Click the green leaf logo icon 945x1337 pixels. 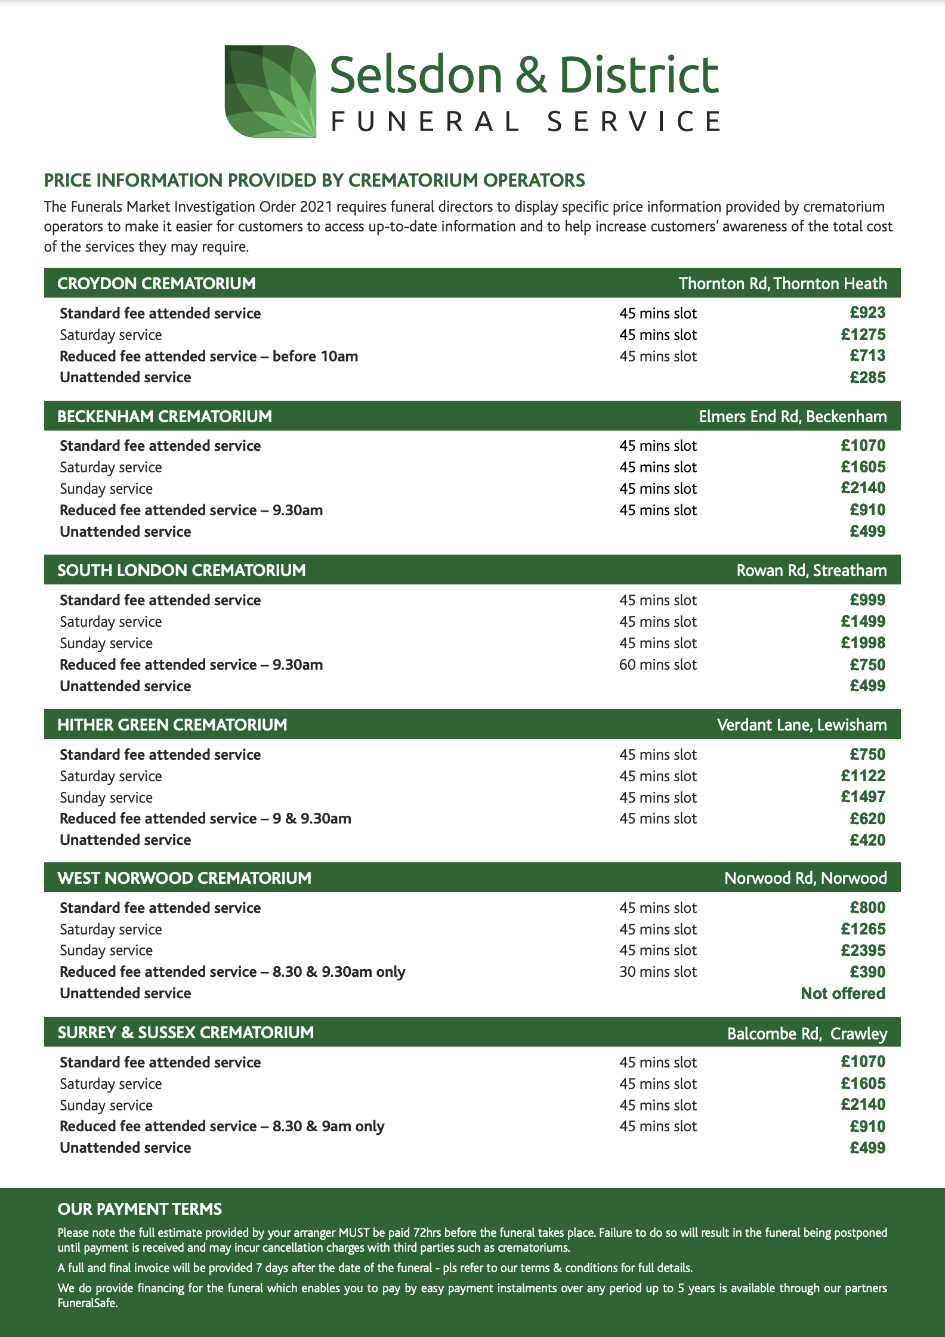(270, 91)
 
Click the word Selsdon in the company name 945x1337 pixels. (416, 75)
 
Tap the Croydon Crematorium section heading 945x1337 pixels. (156, 283)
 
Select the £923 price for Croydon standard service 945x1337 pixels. (867, 313)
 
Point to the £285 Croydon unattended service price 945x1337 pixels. (867, 377)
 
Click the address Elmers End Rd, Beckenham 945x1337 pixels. (792, 416)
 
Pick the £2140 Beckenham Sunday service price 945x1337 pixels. (863, 488)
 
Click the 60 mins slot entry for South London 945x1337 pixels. (657, 665)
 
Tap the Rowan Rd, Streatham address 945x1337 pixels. (811, 571)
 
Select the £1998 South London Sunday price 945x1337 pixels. (863, 643)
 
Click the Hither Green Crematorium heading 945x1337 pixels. (172, 725)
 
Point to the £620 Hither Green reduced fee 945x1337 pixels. (867, 819)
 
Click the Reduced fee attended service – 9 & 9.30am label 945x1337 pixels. (205, 819)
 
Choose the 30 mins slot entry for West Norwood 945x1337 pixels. (657, 972)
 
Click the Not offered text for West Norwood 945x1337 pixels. (843, 994)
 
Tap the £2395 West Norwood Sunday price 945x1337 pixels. (863, 951)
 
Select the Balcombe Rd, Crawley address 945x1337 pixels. (807, 1033)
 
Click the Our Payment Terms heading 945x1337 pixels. (140, 1209)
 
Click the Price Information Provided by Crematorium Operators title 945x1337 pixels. (314, 180)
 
